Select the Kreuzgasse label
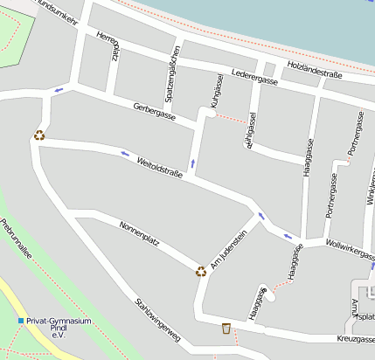(354, 338)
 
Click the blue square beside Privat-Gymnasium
(21, 321)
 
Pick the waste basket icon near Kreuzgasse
(226, 329)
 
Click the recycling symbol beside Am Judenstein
(201, 271)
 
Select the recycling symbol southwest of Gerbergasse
(39, 135)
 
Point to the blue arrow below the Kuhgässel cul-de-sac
(192, 163)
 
